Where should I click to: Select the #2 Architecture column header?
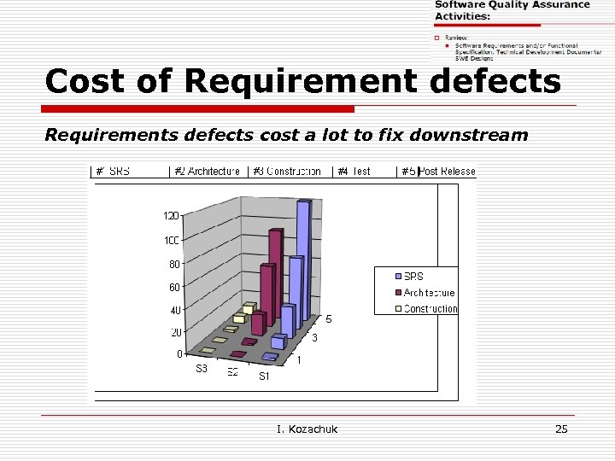tap(207, 172)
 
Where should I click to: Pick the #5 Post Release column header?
tap(438, 172)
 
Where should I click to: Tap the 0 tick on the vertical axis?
tap(179, 353)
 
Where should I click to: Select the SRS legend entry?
tap(413, 277)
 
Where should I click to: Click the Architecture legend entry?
tap(429, 293)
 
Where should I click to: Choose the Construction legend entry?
tap(430, 309)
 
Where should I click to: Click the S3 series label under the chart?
tap(202, 369)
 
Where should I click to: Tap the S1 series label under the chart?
tap(265, 376)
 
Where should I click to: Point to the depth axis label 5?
tap(328, 319)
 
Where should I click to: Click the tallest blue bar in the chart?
tap(302, 256)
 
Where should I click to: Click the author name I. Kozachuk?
tap(307, 429)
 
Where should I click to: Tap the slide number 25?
tap(561, 429)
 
